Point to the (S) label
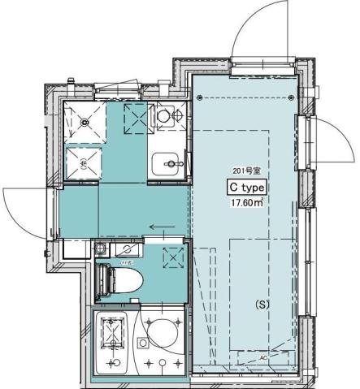pyautogui.click(x=262, y=305)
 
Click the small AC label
pyautogui.click(x=264, y=356)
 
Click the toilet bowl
pyautogui.click(x=127, y=281)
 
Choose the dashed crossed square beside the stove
pyautogui.click(x=134, y=117)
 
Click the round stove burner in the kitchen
pyautogui.click(x=163, y=116)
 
